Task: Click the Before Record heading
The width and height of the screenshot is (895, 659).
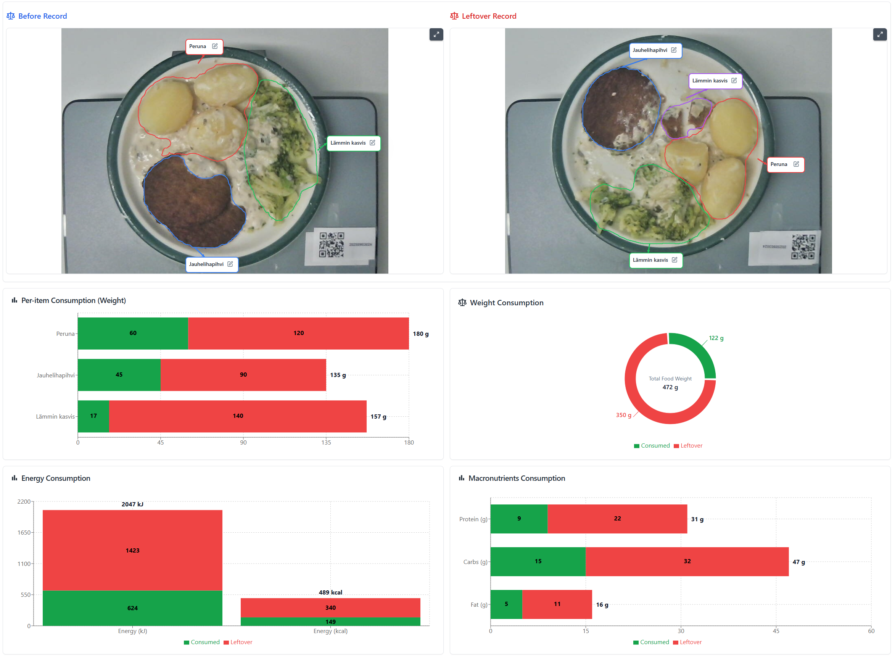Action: click(42, 16)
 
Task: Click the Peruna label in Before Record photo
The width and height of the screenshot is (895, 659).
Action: click(198, 46)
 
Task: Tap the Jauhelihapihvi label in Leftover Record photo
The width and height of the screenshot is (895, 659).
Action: click(650, 50)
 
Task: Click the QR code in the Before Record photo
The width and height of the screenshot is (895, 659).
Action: click(332, 245)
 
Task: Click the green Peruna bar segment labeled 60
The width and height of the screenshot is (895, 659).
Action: click(133, 334)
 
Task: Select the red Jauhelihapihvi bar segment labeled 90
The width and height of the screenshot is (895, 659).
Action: click(243, 375)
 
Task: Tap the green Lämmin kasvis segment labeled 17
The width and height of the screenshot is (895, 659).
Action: click(93, 416)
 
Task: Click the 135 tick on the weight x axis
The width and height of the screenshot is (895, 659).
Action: click(326, 443)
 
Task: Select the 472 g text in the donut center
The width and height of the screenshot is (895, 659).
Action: click(670, 388)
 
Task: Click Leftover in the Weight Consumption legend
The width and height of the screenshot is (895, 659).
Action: click(691, 446)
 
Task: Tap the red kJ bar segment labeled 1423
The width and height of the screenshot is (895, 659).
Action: click(132, 551)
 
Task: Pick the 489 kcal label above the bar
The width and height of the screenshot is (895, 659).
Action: click(331, 593)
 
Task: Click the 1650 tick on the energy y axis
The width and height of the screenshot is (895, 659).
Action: click(24, 533)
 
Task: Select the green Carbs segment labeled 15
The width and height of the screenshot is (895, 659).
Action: click(538, 562)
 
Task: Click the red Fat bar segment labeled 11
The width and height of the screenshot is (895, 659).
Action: click(557, 604)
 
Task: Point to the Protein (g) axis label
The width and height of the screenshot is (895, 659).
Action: click(473, 519)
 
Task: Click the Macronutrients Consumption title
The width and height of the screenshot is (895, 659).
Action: click(517, 479)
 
